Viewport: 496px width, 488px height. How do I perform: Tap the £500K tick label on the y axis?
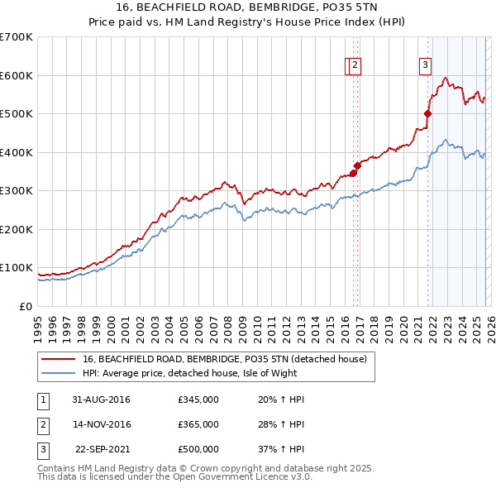point(16,113)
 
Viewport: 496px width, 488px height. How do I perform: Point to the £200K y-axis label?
point(16,229)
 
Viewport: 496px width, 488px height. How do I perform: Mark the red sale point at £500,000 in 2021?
point(427,114)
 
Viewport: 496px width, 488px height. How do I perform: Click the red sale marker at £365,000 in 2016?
point(357,165)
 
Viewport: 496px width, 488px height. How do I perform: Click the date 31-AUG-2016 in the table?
point(102,399)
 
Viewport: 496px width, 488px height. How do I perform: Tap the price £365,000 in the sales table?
point(198,424)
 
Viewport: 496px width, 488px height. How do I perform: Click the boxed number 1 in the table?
point(41,399)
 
